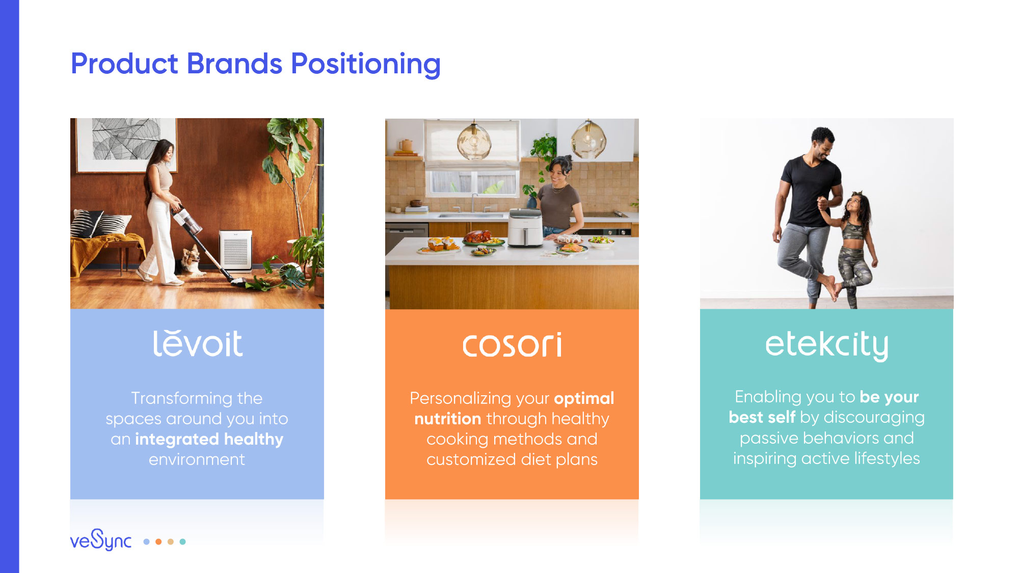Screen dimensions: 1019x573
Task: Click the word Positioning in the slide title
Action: coord(365,65)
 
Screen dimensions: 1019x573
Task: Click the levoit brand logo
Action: coord(198,343)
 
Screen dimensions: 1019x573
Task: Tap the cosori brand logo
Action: coord(512,345)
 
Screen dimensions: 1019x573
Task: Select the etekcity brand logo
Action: coord(826,345)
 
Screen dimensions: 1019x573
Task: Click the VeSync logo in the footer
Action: coord(101,540)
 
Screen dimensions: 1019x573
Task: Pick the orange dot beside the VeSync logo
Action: coord(158,541)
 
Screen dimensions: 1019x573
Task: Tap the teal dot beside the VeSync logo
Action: coord(182,541)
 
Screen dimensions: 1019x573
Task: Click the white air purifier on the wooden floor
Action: coord(235,249)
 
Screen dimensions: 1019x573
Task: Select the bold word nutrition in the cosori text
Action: coord(448,419)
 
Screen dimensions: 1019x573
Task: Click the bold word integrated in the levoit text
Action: coord(177,439)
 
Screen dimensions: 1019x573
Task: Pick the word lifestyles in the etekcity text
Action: coord(887,458)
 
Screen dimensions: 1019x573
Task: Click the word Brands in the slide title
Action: coord(234,64)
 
